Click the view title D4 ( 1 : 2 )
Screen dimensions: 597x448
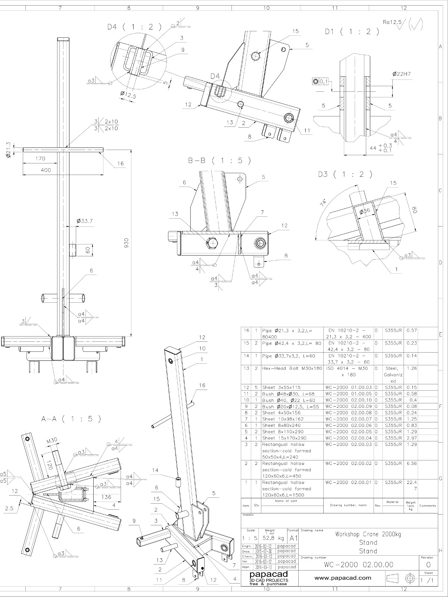pos(134,26)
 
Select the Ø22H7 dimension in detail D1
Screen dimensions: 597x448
pos(401,74)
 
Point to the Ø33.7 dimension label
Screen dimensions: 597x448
pos(84,221)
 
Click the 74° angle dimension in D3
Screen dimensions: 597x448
pos(323,202)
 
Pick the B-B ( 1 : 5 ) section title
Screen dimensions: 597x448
pos(219,160)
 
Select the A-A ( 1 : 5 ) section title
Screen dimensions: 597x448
pos(71,419)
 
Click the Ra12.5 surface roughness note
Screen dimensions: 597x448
pos(392,22)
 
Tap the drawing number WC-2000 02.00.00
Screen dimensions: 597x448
pos(358,565)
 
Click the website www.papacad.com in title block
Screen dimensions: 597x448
pos(343,578)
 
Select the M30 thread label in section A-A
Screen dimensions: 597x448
pos(52,440)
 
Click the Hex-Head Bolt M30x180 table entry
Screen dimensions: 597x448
pos(292,368)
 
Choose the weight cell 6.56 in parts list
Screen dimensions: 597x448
pos(411,463)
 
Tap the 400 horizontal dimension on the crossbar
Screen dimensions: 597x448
pos(46,170)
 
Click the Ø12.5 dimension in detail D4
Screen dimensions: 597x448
pos(128,96)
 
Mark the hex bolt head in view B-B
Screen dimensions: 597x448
pos(212,243)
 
